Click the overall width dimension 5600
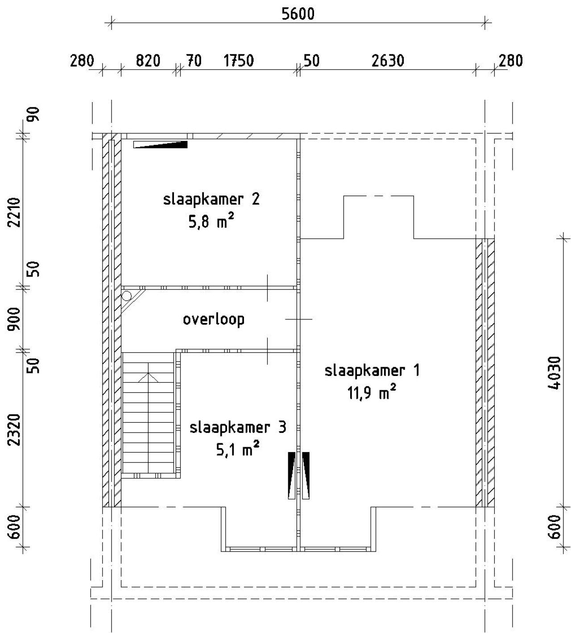tap(298, 14)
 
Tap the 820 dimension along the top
tap(148, 61)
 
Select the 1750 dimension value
tap(239, 61)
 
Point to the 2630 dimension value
tap(388, 61)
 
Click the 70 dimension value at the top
tap(194, 61)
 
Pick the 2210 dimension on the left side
tap(15, 212)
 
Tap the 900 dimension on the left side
tap(15, 319)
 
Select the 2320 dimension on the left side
tap(15, 430)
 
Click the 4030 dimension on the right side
tap(554, 373)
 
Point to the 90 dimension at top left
tap(34, 114)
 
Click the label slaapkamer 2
tap(211, 200)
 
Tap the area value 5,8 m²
tap(211, 221)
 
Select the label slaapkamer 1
tap(372, 370)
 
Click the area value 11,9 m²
tap(372, 392)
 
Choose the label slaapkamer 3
tap(238, 428)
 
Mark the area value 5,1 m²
tap(238, 449)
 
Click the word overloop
tap(214, 319)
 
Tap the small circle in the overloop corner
tap(126, 296)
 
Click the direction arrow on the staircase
tap(148, 377)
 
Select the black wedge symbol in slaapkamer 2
tap(161, 144)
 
